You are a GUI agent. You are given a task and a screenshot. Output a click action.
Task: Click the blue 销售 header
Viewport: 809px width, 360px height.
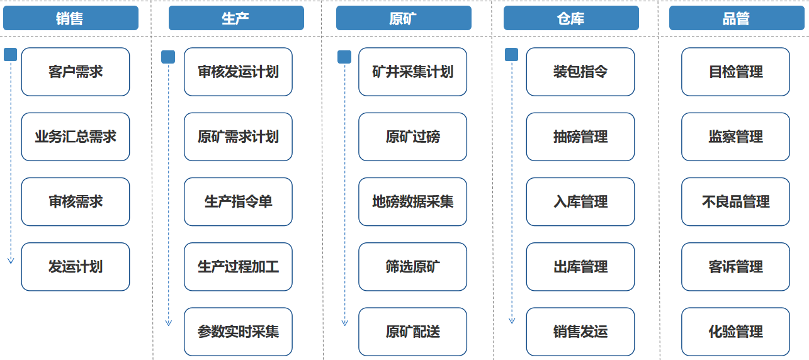click(x=71, y=18)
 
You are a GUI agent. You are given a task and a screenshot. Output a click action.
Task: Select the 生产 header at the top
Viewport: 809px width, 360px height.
click(x=236, y=18)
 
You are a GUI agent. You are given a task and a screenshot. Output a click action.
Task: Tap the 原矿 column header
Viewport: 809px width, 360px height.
click(x=404, y=18)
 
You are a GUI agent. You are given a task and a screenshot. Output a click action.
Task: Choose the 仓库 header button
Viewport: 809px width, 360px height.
click(x=571, y=18)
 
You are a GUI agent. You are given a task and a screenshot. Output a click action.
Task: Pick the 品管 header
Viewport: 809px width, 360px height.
click(x=737, y=18)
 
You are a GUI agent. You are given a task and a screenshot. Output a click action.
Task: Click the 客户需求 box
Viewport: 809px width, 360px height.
click(x=76, y=72)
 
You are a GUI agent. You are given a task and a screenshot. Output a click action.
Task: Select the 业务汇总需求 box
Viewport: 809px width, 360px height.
click(x=76, y=137)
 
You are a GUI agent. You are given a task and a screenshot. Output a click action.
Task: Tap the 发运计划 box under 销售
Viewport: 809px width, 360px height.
click(x=76, y=267)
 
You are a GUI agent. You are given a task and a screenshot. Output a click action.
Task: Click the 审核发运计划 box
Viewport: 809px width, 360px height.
click(x=238, y=72)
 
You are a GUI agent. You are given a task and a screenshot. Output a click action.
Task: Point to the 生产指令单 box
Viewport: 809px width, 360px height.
click(x=238, y=202)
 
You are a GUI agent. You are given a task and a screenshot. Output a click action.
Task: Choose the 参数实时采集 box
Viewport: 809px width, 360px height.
click(x=238, y=332)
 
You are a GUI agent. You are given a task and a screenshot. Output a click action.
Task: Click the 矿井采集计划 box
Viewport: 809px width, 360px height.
click(x=413, y=72)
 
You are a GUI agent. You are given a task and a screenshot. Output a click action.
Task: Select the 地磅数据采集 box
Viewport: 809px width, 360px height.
click(x=413, y=202)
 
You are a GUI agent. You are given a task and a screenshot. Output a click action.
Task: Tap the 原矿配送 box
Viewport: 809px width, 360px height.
click(x=413, y=332)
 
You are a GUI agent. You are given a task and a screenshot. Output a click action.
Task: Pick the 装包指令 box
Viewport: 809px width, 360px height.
click(x=580, y=72)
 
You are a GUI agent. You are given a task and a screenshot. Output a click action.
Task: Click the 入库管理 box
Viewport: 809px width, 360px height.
click(x=580, y=202)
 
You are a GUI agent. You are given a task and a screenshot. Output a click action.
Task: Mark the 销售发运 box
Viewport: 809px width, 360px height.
click(x=580, y=332)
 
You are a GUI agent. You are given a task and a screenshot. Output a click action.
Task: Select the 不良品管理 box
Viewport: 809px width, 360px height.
click(x=735, y=202)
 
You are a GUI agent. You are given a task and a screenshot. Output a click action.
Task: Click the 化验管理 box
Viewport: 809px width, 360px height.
click(x=735, y=332)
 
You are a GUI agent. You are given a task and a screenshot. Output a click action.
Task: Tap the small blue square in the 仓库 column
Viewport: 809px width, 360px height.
click(x=511, y=55)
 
